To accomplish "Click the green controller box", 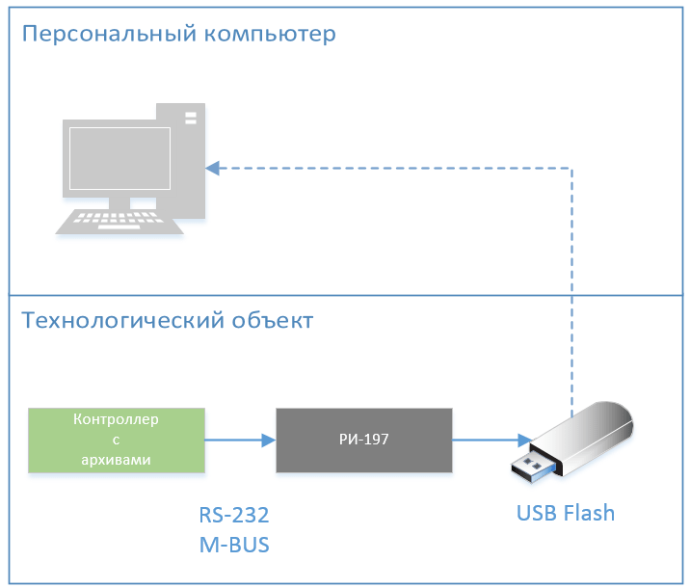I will pos(117,441).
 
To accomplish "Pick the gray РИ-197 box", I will pos(364,441).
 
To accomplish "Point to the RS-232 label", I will pos(233,513).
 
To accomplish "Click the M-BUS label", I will pos(233,545).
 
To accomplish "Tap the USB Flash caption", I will pos(565,513).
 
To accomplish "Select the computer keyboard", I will pos(119,224).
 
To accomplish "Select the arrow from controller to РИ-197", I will pos(240,441).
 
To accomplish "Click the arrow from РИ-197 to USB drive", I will pos(491,441).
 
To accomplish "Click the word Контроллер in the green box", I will pos(117,421).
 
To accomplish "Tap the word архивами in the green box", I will pos(117,460).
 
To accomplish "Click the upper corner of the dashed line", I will pos(572,168).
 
